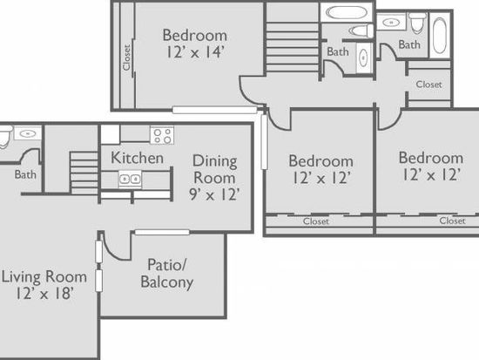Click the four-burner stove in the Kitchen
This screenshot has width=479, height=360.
click(x=162, y=135)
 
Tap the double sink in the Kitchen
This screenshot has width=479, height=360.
click(x=130, y=179)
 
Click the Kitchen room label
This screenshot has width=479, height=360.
click(x=137, y=158)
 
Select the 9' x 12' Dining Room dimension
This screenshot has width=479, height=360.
click(x=214, y=194)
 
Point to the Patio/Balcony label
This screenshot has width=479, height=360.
click(x=167, y=274)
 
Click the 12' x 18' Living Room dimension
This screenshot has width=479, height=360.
click(x=44, y=294)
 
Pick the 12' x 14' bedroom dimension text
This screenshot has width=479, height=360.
click(x=195, y=51)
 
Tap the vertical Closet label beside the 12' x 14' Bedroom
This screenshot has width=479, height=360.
click(x=126, y=58)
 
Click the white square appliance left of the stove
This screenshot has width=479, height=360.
click(x=111, y=134)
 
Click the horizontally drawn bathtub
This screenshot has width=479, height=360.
click(x=346, y=13)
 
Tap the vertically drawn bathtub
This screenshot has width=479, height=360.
click(x=440, y=36)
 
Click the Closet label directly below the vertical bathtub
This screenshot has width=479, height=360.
click(x=428, y=85)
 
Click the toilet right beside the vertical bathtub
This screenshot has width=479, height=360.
click(x=417, y=23)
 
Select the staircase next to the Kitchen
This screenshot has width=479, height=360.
click(x=84, y=173)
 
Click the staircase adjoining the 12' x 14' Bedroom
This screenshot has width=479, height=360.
click(x=293, y=47)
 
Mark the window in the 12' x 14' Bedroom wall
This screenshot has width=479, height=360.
click(x=215, y=110)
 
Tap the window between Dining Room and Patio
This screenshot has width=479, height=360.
click(x=162, y=233)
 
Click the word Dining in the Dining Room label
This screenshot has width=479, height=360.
click(x=215, y=161)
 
